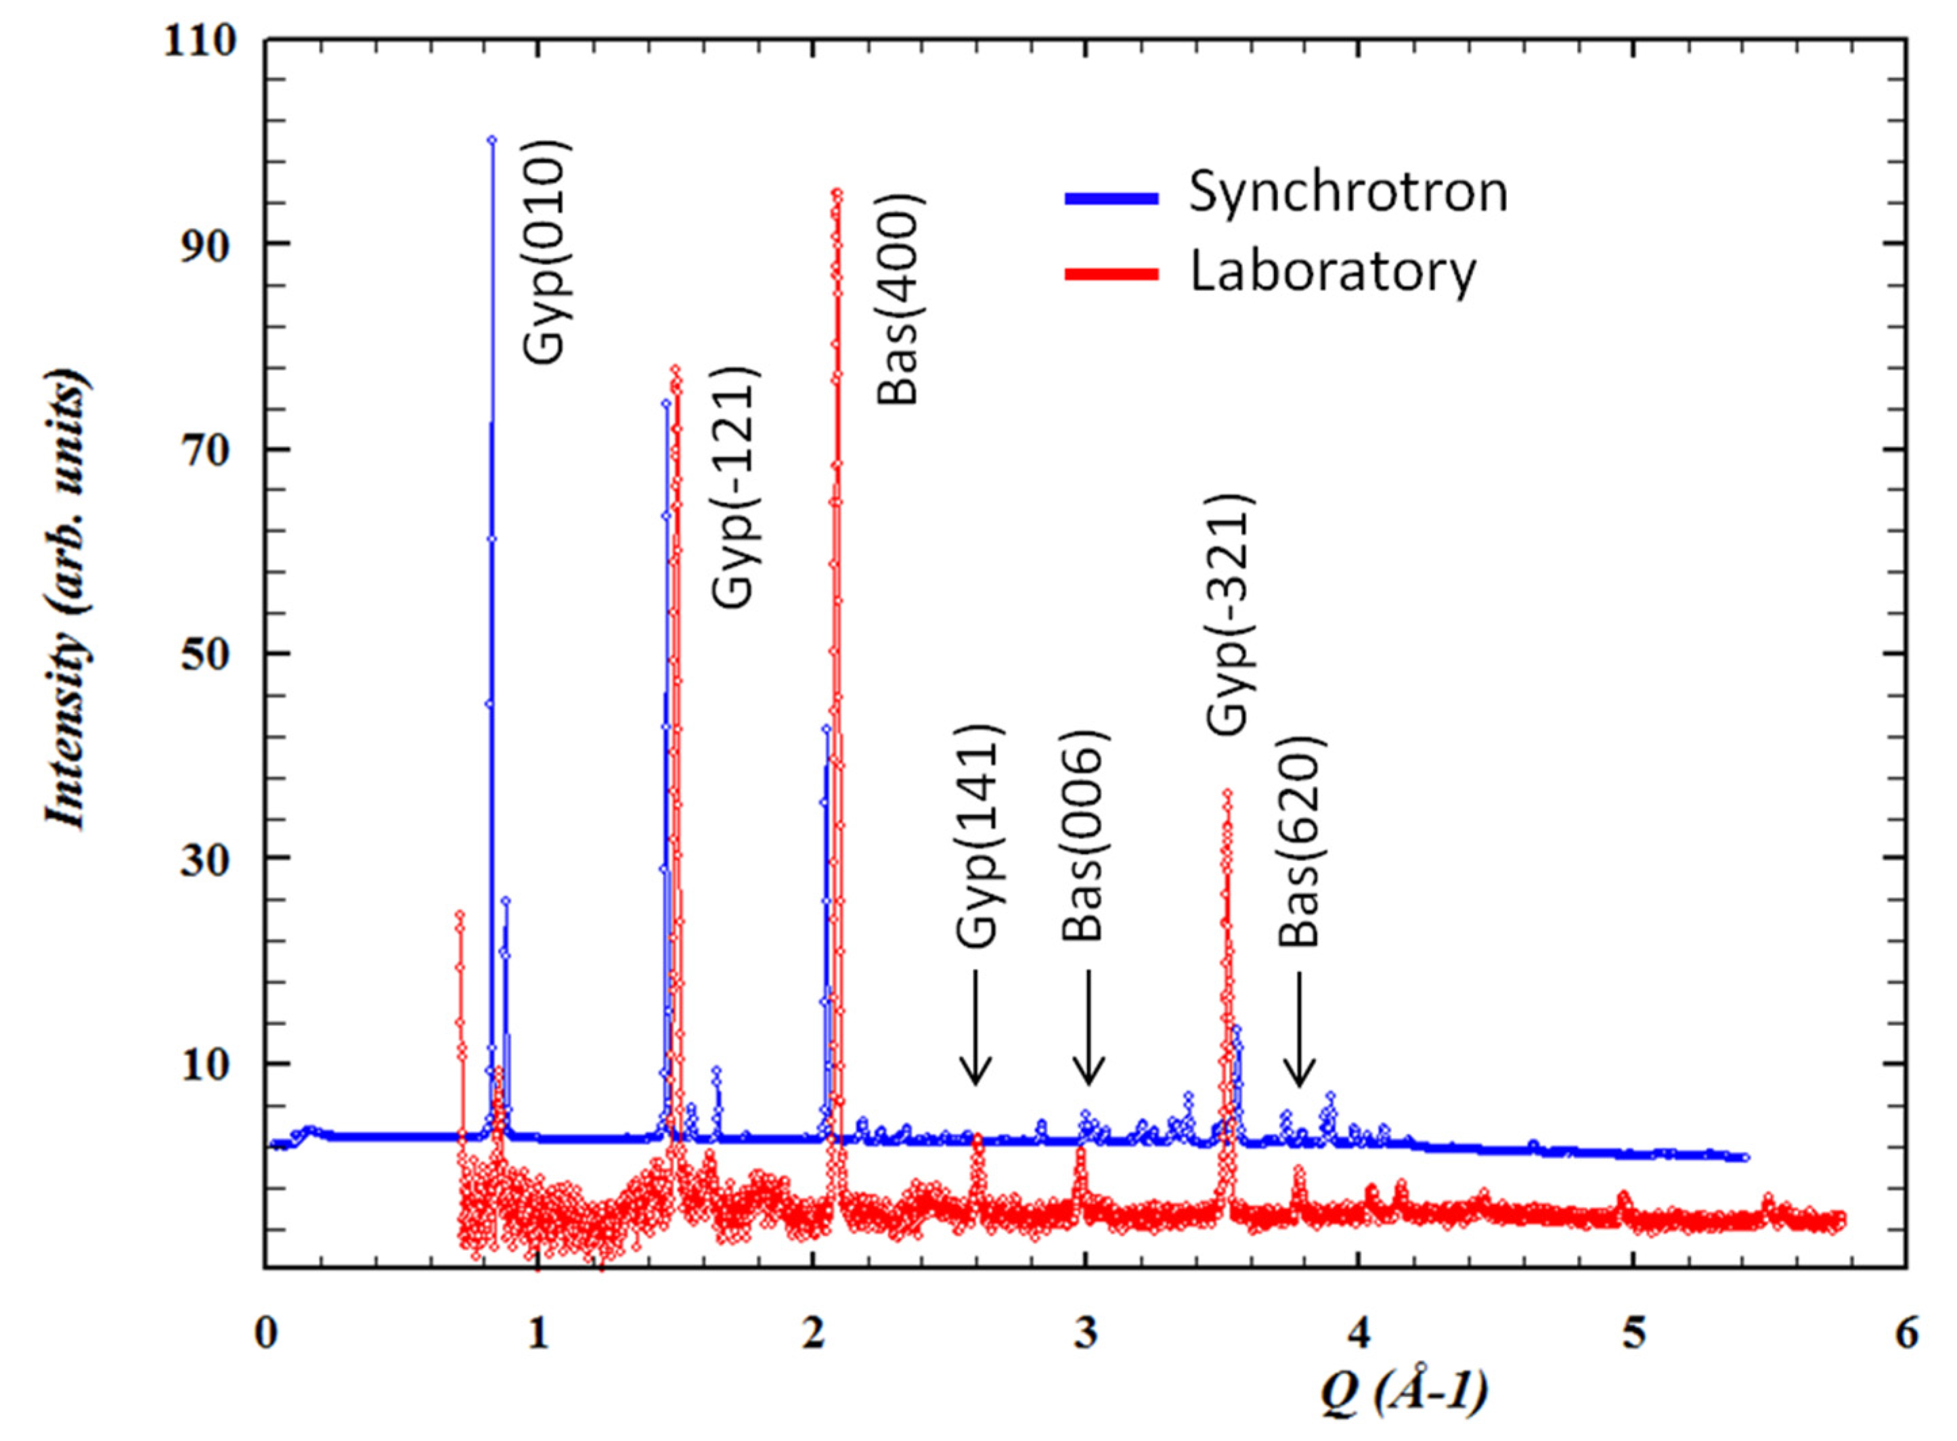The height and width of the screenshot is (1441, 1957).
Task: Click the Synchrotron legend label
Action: coord(1348,192)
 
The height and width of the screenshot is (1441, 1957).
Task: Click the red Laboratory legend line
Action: coord(1111,274)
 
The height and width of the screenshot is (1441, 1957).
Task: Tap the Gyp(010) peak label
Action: coord(546,251)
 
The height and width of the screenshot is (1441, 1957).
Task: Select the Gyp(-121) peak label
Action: coord(736,489)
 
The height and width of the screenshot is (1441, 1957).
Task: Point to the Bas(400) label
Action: coord(899,299)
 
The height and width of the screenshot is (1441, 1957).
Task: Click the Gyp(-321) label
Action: coord(1230,616)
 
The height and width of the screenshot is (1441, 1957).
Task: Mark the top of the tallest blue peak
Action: coord(492,139)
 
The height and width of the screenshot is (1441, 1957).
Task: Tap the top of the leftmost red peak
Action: coord(460,914)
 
